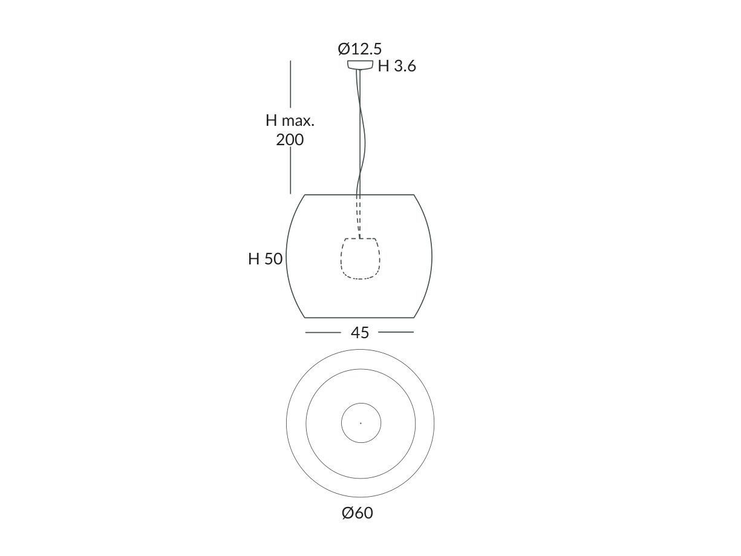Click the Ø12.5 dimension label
pos(359,48)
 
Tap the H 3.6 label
pos(397,67)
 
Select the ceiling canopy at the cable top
pos(360,65)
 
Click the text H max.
pos(290,120)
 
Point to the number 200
pos(290,140)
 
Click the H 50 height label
pos(265,259)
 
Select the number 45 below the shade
pos(359,332)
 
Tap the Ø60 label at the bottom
pos(357,513)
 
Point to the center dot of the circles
pos(361,423)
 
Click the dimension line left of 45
pos(323,332)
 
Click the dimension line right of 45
pos(396,332)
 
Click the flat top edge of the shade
pos(359,195)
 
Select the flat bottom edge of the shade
pos(359,317)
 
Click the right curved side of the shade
pos(432,256)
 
